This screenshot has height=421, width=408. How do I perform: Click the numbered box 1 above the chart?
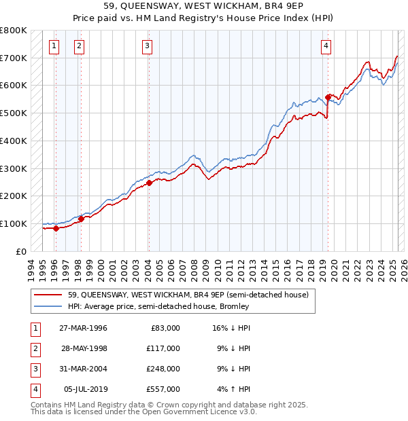[54, 46]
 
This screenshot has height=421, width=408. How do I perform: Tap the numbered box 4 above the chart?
[326, 46]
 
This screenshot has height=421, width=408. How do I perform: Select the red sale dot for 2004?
[149, 183]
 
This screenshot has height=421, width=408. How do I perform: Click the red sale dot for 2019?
[328, 97]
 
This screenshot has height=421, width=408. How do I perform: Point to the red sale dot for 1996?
[56, 228]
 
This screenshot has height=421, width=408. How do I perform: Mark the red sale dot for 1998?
[81, 219]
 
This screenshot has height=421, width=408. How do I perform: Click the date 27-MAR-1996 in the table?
[83, 328]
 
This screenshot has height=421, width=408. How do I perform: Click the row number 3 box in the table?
[35, 369]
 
